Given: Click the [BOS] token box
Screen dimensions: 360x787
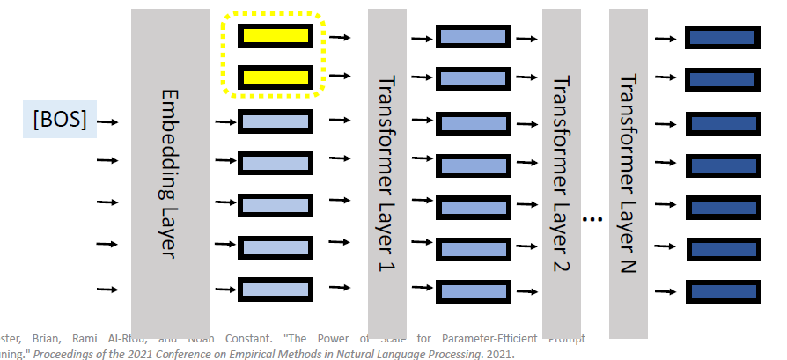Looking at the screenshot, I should coord(60,120).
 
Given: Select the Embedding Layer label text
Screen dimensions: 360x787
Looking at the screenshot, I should coord(170,173).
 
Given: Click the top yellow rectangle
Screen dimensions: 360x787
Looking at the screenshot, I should coord(276,36).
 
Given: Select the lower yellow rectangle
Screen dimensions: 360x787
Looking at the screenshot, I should coord(276,77).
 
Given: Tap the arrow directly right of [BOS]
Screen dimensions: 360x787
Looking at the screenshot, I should coord(108,123).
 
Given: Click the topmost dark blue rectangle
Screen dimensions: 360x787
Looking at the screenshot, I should coord(722,38).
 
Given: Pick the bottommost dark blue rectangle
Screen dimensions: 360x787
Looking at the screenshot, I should coord(722,291).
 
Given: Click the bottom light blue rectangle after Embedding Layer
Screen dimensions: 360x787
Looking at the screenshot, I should coord(276,289).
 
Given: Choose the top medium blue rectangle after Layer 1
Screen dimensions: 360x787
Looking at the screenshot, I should coord(474,38).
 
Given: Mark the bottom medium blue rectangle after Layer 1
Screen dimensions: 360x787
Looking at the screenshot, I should coord(474,291).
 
